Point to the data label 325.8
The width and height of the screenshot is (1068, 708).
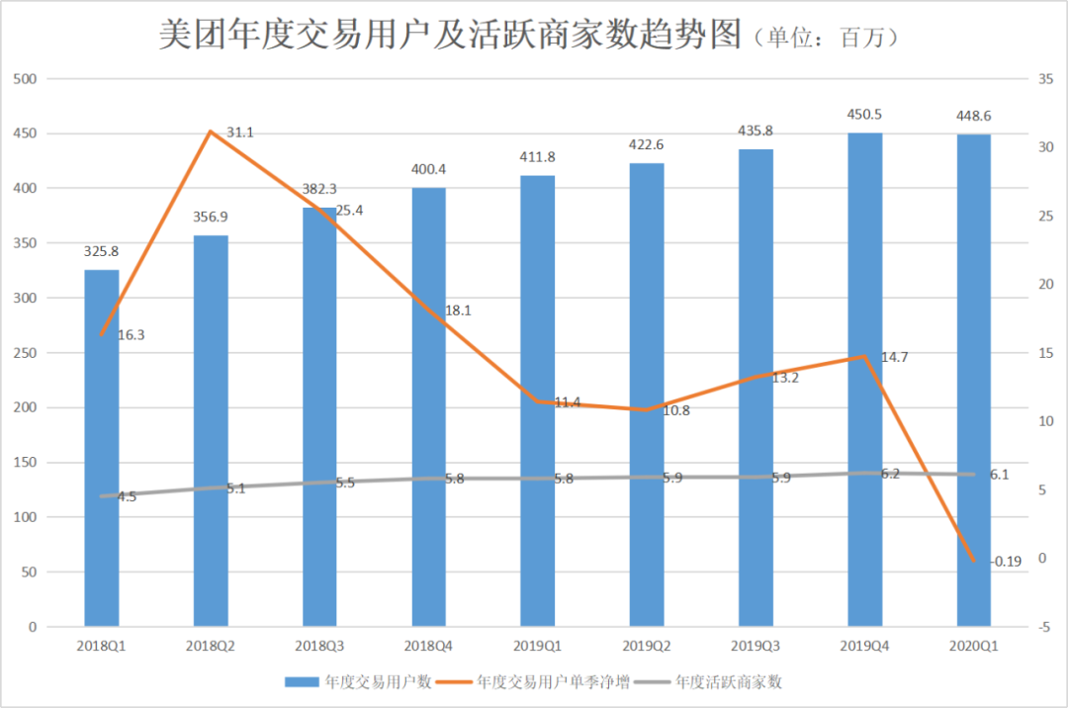click(101, 251)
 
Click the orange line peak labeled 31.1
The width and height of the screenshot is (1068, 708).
click(210, 131)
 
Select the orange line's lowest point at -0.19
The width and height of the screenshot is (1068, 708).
click(973, 561)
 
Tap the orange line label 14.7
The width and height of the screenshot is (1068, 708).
click(894, 357)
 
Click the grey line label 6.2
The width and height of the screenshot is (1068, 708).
click(890, 475)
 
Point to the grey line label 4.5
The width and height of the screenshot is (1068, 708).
click(127, 497)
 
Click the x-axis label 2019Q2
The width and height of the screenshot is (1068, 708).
click(647, 646)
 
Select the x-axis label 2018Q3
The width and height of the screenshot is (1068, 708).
click(319, 646)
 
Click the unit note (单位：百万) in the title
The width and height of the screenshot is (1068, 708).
click(826, 38)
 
